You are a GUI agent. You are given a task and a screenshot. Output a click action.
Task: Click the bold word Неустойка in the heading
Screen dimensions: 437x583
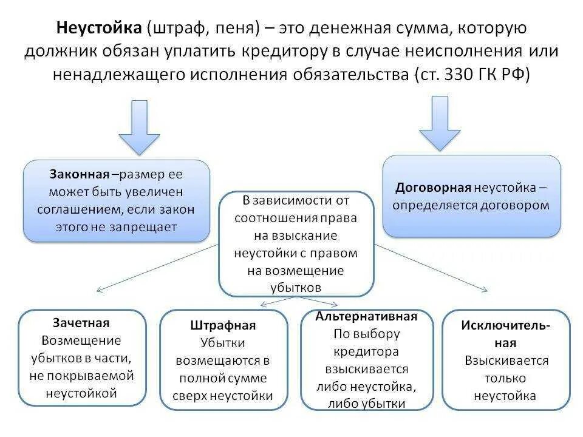click(x=98, y=28)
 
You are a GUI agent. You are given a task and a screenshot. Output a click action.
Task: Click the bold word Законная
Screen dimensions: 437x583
click(x=80, y=174)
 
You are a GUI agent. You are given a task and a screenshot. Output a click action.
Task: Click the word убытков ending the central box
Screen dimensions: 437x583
click(x=296, y=287)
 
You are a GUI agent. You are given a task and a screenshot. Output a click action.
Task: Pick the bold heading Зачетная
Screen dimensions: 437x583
click(x=81, y=323)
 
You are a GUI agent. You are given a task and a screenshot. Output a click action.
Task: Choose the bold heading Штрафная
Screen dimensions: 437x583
click(x=223, y=325)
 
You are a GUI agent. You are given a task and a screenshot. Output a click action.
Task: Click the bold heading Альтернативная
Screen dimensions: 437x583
click(x=366, y=316)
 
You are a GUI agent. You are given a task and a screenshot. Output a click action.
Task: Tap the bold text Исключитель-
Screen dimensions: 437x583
click(x=505, y=325)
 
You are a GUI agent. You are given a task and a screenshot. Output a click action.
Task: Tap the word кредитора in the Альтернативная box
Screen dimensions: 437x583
click(x=366, y=351)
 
